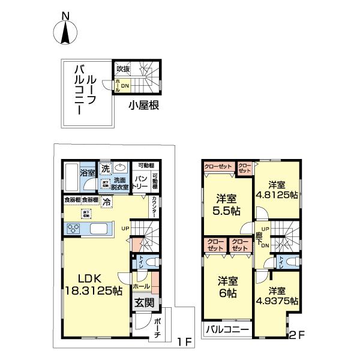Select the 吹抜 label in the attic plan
tap(123, 69)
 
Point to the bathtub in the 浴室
tap(70, 175)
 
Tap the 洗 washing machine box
tap(104, 168)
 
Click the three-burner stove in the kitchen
tap(73, 229)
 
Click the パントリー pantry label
tap(140, 182)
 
